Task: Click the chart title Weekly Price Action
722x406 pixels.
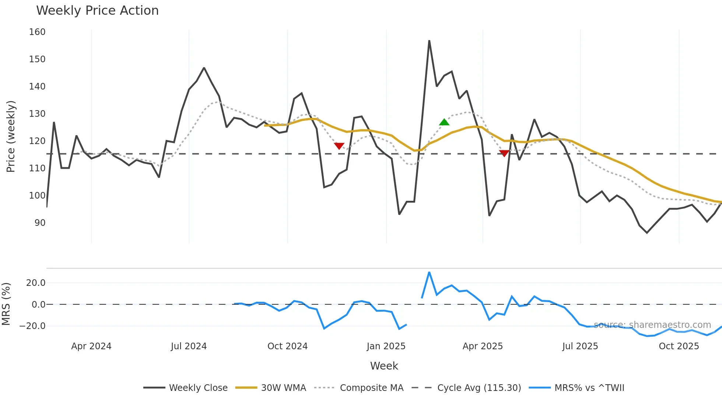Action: pos(97,11)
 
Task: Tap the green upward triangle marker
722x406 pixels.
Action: pos(444,122)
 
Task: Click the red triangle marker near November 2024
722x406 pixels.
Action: pos(339,146)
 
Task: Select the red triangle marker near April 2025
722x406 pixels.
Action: pos(504,153)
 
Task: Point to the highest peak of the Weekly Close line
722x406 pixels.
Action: pos(429,41)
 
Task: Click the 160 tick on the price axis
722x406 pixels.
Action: pos(37,32)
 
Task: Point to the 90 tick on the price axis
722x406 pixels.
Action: pos(40,223)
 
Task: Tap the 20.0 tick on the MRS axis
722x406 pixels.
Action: pos(36,283)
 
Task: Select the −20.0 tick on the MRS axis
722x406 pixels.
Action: pos(33,326)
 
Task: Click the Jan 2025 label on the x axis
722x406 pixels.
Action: pos(386,346)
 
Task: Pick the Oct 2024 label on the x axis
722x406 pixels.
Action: pos(287,346)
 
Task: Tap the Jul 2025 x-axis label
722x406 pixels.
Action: pos(580,346)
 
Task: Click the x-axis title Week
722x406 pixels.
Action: pos(384,366)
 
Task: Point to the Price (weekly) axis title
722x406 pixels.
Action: pos(11,136)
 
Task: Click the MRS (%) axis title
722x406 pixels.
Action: pos(6,304)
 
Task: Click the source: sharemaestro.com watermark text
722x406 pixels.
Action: pos(652,325)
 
